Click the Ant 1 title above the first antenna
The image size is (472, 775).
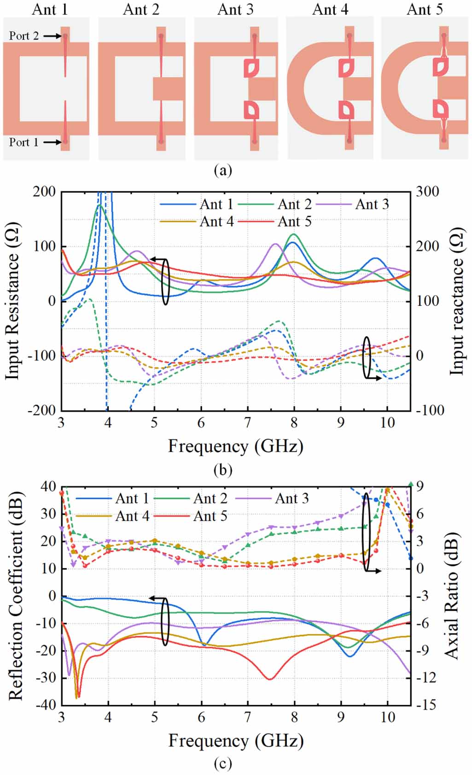pyautogui.click(x=50, y=9)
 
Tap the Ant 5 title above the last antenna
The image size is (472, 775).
pyautogui.click(x=425, y=9)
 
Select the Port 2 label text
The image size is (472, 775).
pyautogui.click(x=24, y=36)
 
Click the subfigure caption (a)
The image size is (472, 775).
pyautogui.click(x=223, y=170)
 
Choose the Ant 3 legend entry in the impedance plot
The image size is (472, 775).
pyautogui.click(x=372, y=204)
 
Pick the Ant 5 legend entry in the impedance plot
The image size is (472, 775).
pyautogui.click(x=294, y=221)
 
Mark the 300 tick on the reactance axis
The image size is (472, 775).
pyautogui.click(x=428, y=192)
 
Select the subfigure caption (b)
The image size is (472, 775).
pyautogui.click(x=223, y=470)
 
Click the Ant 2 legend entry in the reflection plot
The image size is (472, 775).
pyautogui.click(x=210, y=499)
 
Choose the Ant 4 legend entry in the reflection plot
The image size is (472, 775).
pyautogui.click(x=132, y=516)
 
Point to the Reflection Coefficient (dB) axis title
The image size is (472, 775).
pyautogui.click(x=15, y=596)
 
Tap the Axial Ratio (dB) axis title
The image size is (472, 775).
pyautogui.click(x=452, y=596)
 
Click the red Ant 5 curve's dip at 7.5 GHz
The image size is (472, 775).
pyautogui.click(x=270, y=679)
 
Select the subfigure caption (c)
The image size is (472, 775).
pyautogui.click(x=223, y=764)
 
